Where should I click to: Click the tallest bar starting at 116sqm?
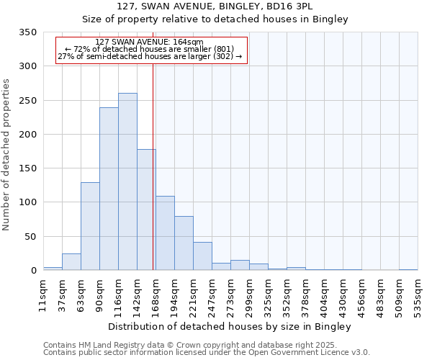tap(127, 181)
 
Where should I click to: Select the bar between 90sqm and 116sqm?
tap(109, 189)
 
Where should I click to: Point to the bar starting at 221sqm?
tap(202, 256)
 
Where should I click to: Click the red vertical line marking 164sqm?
tap(153, 166)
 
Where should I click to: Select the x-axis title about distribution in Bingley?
tap(230, 327)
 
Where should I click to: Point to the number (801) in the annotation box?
tap(221, 49)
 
